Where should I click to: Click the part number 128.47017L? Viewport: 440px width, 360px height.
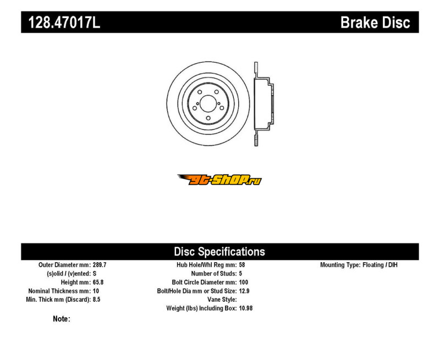point(64,22)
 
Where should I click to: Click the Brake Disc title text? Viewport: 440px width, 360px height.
point(375,22)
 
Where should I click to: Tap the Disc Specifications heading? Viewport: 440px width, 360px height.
point(219,252)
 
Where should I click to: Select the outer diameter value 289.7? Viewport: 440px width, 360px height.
point(100,265)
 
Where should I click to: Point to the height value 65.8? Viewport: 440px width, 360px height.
point(98,282)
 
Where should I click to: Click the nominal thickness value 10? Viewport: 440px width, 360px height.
point(96,291)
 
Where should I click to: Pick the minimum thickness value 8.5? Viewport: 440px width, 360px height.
point(97,300)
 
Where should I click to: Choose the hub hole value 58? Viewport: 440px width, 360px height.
point(242,265)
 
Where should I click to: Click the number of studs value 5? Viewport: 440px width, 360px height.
point(240,273)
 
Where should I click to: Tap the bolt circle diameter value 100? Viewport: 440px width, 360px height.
point(244,282)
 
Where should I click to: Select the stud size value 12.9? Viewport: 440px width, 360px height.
point(244,291)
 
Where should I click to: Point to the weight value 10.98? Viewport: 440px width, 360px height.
point(246,308)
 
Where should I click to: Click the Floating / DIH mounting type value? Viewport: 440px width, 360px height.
point(380,265)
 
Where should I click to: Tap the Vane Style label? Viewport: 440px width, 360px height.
point(222,300)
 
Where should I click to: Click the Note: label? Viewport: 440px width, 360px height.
point(62,319)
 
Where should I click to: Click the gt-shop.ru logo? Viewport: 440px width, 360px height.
point(219,180)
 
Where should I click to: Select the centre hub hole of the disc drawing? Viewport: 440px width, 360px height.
point(208,103)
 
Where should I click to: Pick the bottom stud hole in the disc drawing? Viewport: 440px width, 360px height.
point(208,118)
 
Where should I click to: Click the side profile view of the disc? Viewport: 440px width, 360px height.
point(263,104)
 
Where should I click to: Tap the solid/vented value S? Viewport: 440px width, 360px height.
point(95,273)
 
